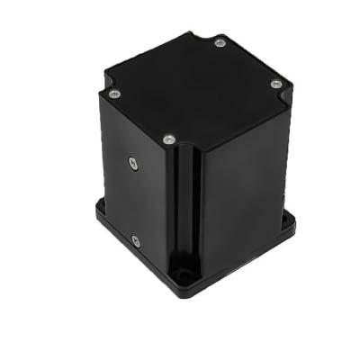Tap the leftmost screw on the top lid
[x=113, y=93]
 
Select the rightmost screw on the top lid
[x=276, y=84]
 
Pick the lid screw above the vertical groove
[x=168, y=139]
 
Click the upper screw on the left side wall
[x=132, y=161]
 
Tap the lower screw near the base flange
[x=135, y=240]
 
